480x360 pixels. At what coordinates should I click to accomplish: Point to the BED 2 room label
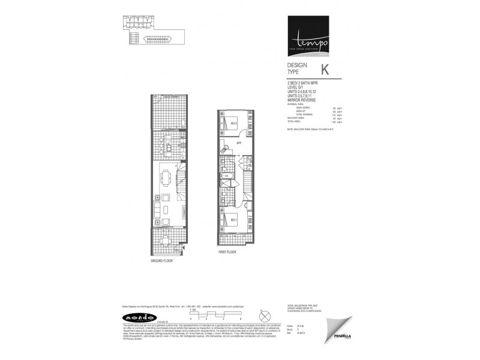[x=233, y=124]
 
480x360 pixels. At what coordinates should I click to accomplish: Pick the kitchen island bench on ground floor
[x=169, y=146]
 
